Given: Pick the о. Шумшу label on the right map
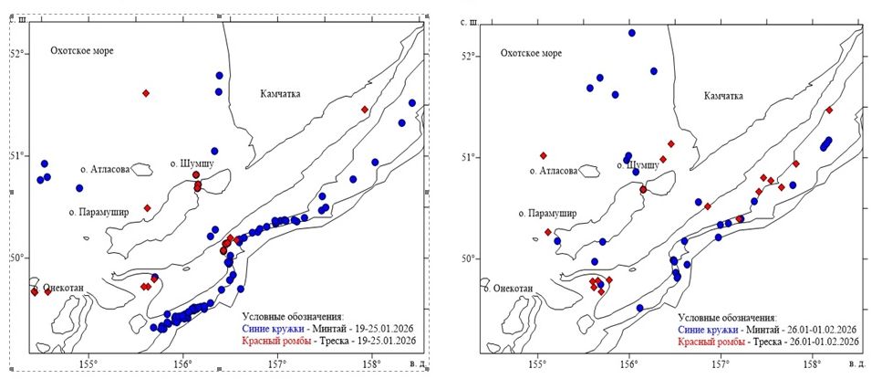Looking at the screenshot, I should click(631, 165).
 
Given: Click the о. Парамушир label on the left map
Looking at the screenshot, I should click(99, 212).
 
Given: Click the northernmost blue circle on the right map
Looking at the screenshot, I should click(631, 33).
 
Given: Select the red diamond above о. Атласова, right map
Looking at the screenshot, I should click(543, 155).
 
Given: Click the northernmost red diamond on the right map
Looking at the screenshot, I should click(829, 110).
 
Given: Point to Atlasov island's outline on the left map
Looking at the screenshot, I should click(141, 169).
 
